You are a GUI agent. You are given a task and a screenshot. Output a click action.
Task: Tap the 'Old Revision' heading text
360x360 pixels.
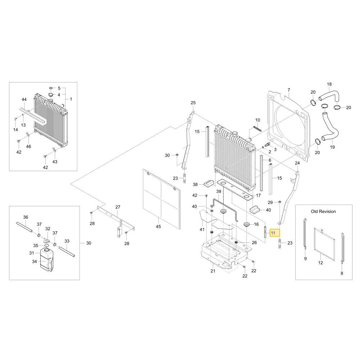pos(323,211)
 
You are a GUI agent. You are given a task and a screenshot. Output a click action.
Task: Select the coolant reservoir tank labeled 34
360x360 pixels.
pos(46,259)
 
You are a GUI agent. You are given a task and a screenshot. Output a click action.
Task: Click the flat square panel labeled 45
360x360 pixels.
pos(162,199)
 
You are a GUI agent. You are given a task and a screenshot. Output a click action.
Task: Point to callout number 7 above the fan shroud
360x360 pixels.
pos(289,90)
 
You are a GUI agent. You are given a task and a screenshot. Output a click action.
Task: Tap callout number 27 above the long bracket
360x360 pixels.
pos(118,207)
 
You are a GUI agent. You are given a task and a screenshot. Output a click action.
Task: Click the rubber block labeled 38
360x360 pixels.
pos(209,184)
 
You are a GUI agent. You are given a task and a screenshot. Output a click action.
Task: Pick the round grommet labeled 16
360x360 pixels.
pos(247,224)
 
